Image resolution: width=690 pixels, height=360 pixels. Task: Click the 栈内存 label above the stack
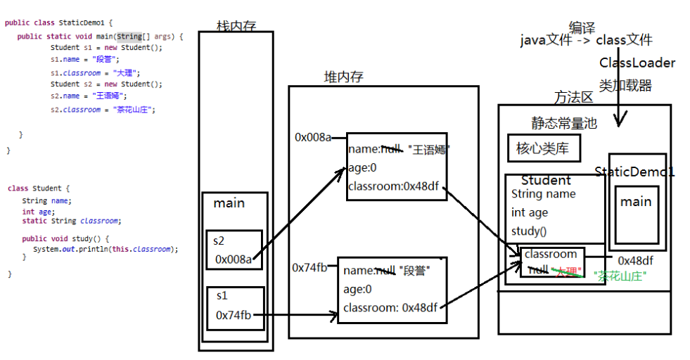[236, 26]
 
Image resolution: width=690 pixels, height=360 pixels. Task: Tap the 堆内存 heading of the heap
[343, 77]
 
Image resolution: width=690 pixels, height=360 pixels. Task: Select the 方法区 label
[573, 97]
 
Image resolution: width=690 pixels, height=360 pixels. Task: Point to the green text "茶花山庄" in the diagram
[620, 276]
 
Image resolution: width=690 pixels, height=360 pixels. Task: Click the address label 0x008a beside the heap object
[312, 137]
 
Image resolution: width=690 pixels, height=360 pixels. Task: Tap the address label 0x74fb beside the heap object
[309, 267]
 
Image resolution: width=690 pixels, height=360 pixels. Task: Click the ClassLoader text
[637, 63]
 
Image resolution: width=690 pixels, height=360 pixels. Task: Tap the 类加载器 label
[625, 86]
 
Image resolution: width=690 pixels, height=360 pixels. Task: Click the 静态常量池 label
[563, 123]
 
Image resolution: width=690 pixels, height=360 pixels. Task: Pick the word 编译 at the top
[582, 28]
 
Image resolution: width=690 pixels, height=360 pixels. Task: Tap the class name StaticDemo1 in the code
[79, 22]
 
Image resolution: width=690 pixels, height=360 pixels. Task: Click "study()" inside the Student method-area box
[525, 231]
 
